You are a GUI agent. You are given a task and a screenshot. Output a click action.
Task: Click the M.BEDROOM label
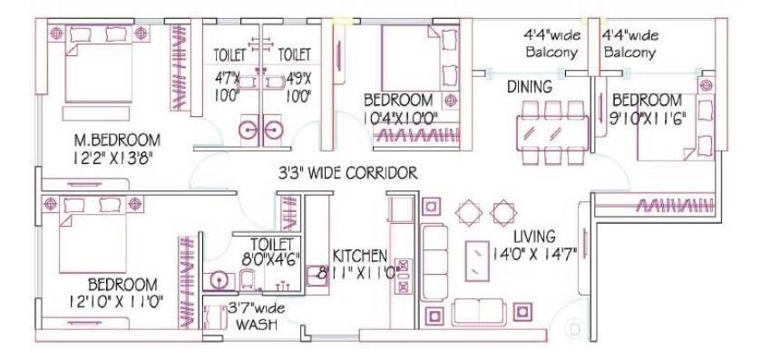point(117,140)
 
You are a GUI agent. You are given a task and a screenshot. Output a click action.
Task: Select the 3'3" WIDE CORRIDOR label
point(347,172)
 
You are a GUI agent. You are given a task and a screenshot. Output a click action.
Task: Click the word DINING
point(530,87)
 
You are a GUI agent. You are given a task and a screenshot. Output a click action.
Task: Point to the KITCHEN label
point(359,256)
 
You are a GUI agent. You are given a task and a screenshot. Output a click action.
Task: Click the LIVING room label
point(540,234)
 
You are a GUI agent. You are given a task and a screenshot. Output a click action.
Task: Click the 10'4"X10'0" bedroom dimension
point(401,116)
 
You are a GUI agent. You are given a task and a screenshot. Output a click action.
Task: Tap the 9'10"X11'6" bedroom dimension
point(645,116)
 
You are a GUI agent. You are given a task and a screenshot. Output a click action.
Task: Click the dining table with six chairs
point(551,129)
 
